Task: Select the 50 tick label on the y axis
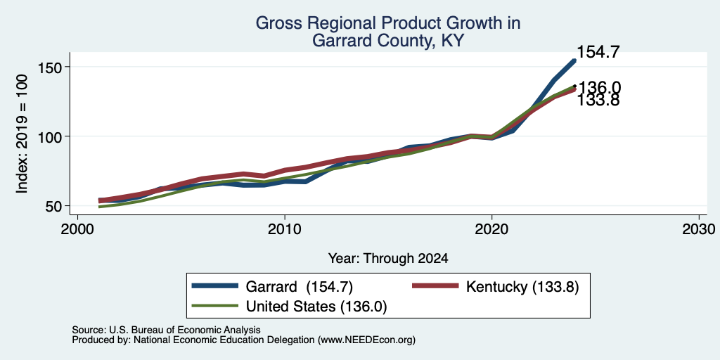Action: [x=53, y=206]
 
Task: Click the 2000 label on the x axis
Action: [x=77, y=229]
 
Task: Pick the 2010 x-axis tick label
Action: [x=285, y=229]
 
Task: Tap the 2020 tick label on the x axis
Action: [x=491, y=229]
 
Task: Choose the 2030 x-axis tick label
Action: [x=699, y=229]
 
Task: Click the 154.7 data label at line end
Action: [x=598, y=52]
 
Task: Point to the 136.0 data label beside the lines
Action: [x=599, y=87]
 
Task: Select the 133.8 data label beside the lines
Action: [x=598, y=100]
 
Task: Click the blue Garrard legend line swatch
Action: [x=215, y=287]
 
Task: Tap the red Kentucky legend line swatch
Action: [x=435, y=287]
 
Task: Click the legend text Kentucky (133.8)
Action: [x=522, y=287]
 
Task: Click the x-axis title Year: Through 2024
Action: [x=388, y=259]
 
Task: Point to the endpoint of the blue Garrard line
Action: [x=574, y=60]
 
